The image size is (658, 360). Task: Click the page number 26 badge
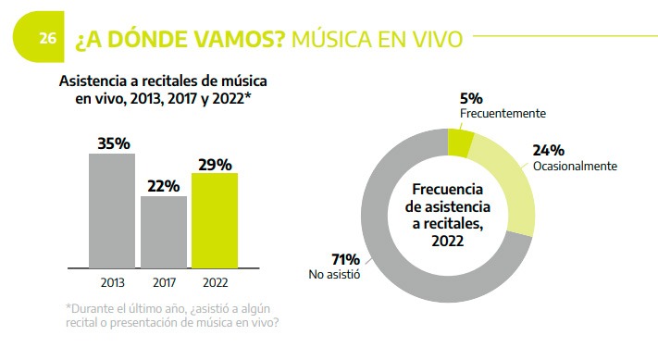(x=47, y=39)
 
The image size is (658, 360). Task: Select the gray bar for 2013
(x=112, y=210)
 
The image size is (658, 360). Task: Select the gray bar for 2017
(x=164, y=231)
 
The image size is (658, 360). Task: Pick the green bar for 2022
(x=215, y=220)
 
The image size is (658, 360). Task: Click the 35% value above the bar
(x=113, y=143)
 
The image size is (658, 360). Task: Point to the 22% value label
(x=164, y=185)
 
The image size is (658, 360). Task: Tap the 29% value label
(x=215, y=163)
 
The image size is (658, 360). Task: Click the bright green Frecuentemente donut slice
(x=460, y=143)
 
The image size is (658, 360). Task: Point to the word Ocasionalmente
(x=575, y=166)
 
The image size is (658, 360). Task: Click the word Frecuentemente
(x=503, y=113)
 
